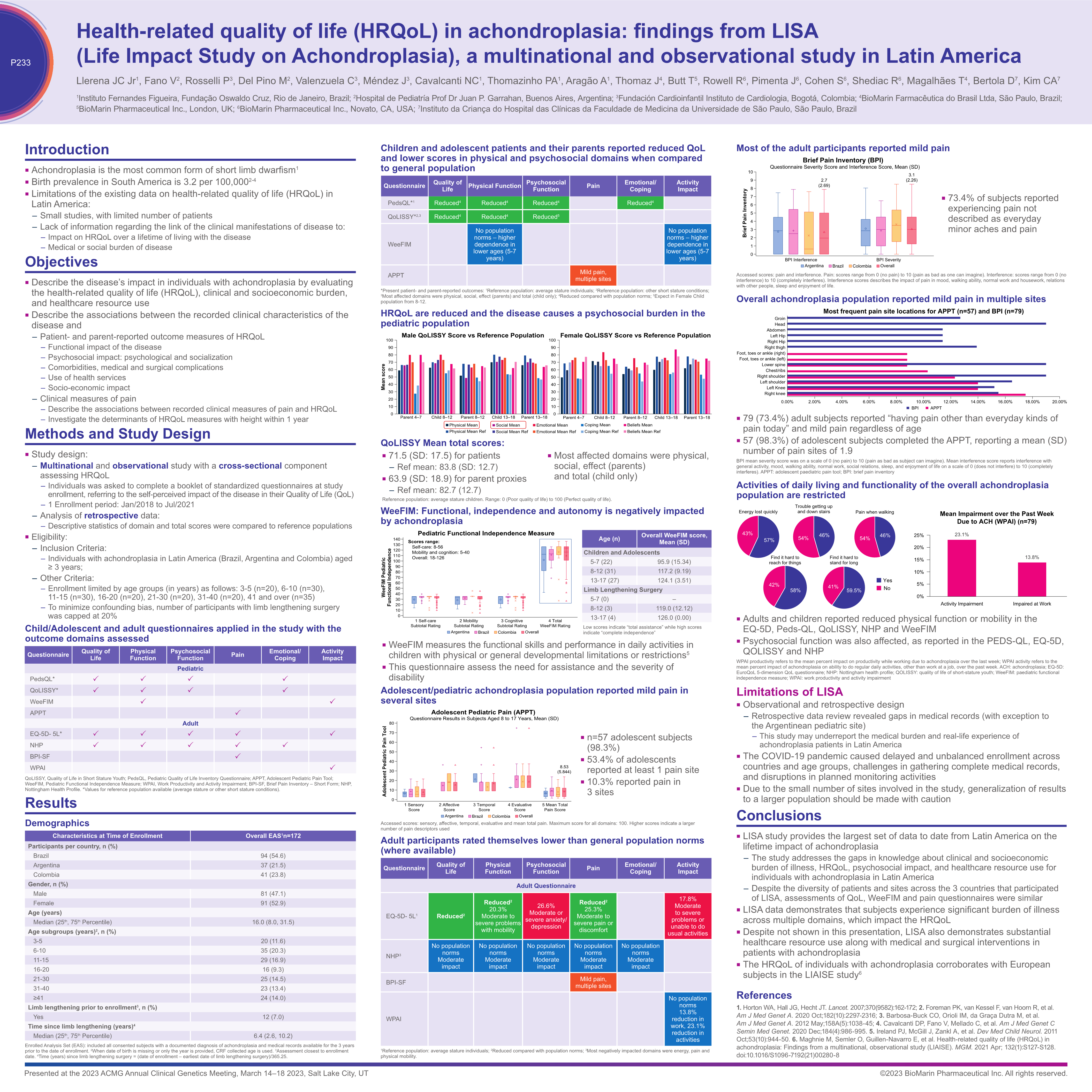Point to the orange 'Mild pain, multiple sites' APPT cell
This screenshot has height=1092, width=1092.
[593, 275]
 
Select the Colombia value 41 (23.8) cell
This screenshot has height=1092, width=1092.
[273, 874]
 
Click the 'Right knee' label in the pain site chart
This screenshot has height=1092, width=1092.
[774, 393]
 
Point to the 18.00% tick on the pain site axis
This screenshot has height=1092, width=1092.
[1032, 402]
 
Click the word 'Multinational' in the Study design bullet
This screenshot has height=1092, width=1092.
[66, 466]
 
